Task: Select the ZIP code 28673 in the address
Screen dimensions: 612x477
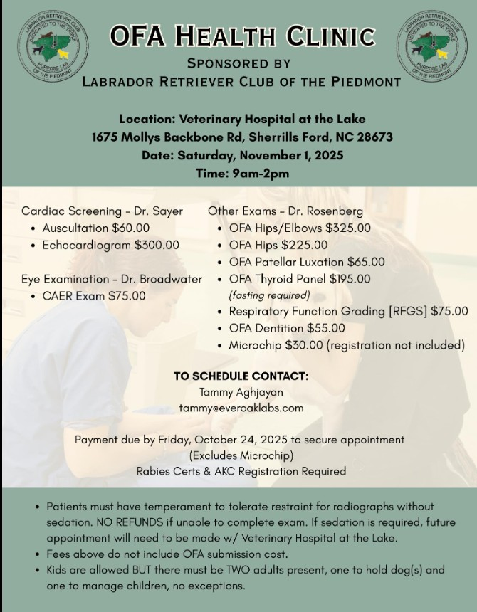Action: tap(370, 137)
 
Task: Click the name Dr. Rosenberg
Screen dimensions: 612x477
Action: tap(330, 211)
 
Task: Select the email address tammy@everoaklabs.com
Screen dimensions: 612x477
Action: tap(241, 408)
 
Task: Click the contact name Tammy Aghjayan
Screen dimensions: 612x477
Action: tap(241, 392)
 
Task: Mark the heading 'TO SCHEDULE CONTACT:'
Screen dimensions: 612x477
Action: tap(241, 376)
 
